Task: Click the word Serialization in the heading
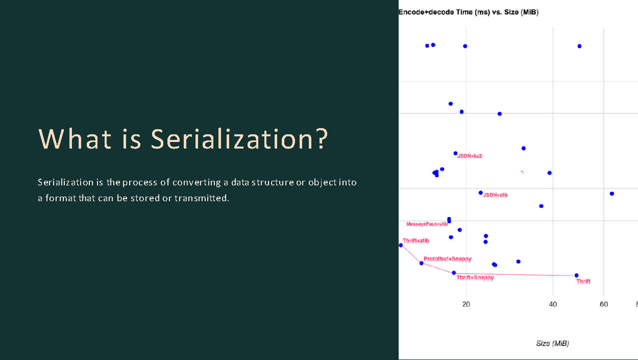pyautogui.click(x=239, y=139)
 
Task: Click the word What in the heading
pyautogui.click(x=74, y=139)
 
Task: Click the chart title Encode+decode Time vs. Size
pyautogui.click(x=468, y=12)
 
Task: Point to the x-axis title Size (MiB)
pyautogui.click(x=552, y=344)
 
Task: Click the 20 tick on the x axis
pyautogui.click(x=466, y=304)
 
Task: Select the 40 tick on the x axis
pyautogui.click(x=552, y=304)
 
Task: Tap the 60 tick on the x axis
pyautogui.click(x=603, y=304)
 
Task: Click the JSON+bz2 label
pyautogui.click(x=469, y=156)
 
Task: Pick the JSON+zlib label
pyautogui.click(x=495, y=195)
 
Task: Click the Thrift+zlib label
pyautogui.click(x=416, y=241)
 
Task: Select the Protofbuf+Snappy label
pyautogui.click(x=447, y=259)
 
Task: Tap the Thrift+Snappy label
pyautogui.click(x=475, y=278)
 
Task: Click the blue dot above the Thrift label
pyautogui.click(x=576, y=275)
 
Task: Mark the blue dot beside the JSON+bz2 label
pyautogui.click(x=455, y=153)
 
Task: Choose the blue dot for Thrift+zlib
pyautogui.click(x=400, y=245)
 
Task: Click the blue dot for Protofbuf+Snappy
pyautogui.click(x=422, y=263)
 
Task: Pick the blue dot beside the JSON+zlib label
pyautogui.click(x=481, y=192)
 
